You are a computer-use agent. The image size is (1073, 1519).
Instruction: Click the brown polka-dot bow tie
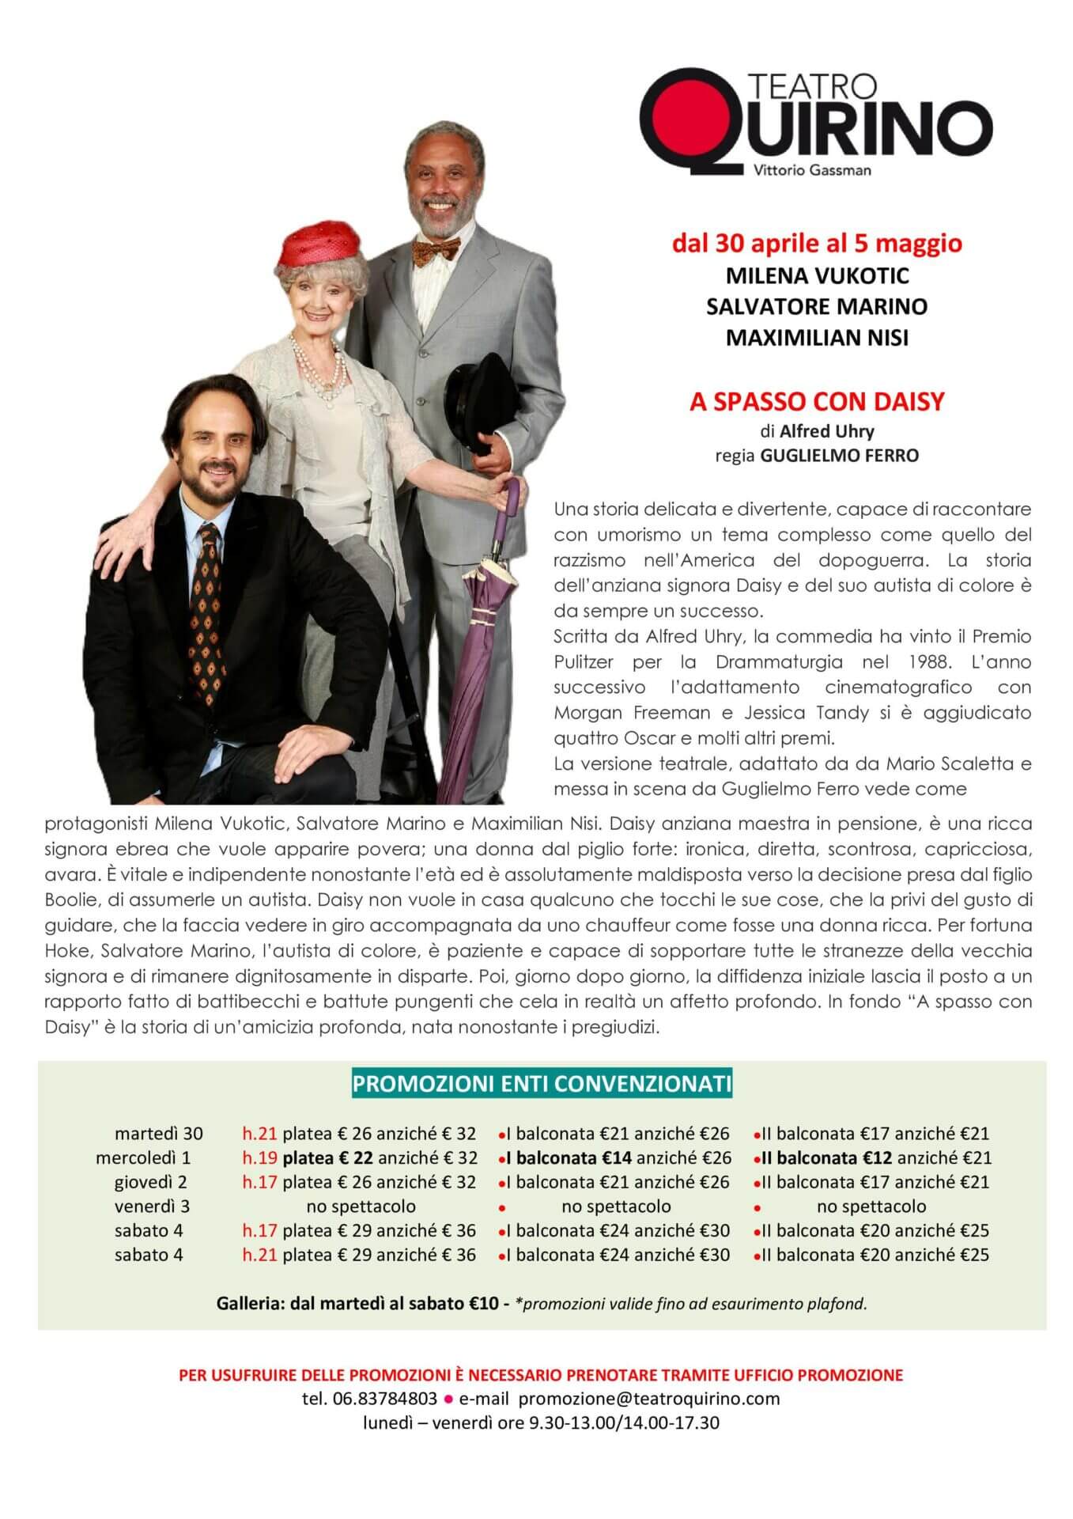click(434, 252)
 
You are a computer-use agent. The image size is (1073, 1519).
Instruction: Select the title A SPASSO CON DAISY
click(817, 401)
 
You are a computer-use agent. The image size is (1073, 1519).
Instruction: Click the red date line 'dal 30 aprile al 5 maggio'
click(817, 243)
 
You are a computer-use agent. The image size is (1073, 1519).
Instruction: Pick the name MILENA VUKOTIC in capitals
click(817, 275)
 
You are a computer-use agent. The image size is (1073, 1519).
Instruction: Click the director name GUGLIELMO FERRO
click(839, 456)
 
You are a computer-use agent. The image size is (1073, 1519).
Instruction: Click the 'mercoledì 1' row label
click(143, 1157)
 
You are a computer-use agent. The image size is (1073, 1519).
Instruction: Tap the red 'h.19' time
click(259, 1157)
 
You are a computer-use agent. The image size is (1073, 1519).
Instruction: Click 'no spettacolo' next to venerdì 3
click(361, 1206)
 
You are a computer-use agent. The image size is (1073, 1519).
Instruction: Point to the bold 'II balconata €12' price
click(827, 1157)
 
